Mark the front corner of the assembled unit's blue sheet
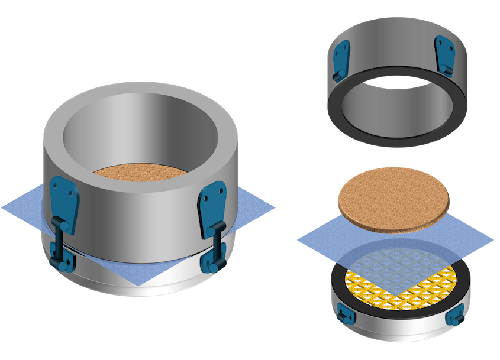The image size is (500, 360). click(138, 284)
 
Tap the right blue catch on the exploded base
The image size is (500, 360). click(456, 317)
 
